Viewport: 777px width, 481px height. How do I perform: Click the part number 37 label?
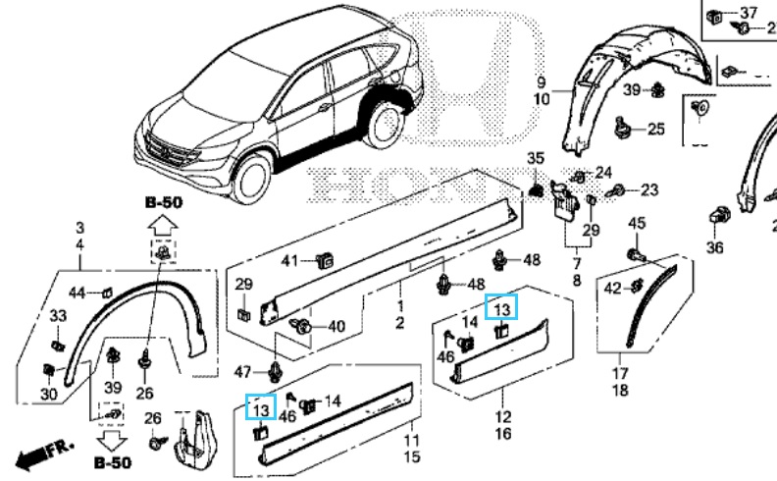click(x=749, y=13)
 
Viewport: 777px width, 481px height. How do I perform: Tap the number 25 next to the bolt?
click(x=655, y=129)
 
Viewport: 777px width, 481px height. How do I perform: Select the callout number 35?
click(x=535, y=158)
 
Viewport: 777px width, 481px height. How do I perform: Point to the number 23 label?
click(x=649, y=188)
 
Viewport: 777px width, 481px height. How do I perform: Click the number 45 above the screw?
click(x=637, y=223)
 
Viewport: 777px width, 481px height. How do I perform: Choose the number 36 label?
click(x=715, y=246)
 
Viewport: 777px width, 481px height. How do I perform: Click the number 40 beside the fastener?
click(x=336, y=326)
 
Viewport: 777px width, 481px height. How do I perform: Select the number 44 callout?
click(x=78, y=292)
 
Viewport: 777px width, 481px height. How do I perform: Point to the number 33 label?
click(x=58, y=315)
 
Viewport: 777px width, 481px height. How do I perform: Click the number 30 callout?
click(x=49, y=394)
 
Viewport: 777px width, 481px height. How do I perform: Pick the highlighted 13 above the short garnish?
click(x=501, y=308)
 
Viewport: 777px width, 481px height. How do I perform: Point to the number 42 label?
click(x=611, y=288)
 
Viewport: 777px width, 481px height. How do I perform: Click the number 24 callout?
click(x=602, y=172)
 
